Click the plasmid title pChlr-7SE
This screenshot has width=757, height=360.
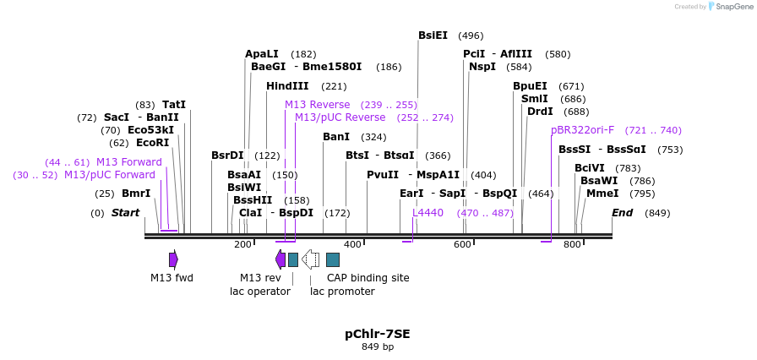[x=377, y=334]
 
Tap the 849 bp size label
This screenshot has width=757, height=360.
[x=377, y=346]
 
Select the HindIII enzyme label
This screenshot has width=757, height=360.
[x=287, y=86]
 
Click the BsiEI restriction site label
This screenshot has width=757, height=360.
[x=433, y=35]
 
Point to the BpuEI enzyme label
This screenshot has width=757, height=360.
[x=530, y=86]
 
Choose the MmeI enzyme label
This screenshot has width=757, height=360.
[x=602, y=194]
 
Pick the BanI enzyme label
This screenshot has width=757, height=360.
[x=336, y=137]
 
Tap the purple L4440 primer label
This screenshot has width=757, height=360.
[x=428, y=213]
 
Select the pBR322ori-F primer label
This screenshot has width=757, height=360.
[x=582, y=130]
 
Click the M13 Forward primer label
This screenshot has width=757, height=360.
[x=129, y=162]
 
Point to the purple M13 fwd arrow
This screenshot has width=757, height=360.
[x=173, y=259]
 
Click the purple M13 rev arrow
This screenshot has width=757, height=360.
[x=280, y=259]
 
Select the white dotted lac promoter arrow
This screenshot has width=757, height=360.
[x=310, y=259]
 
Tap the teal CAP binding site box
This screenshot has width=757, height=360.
[x=333, y=259]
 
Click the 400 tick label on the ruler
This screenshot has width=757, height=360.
[x=352, y=245]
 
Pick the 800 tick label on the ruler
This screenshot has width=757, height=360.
[x=572, y=245]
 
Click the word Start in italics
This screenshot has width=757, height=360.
[x=126, y=213]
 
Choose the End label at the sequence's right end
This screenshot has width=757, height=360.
[x=622, y=213]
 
